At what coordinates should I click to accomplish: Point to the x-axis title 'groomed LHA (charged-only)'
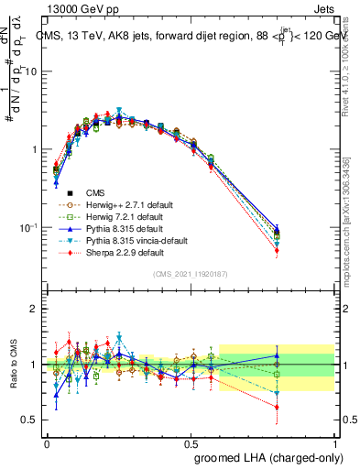coord(271,457)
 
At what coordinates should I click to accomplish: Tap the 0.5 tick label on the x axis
coord(191,442)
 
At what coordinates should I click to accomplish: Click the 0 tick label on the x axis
coord(47,442)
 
